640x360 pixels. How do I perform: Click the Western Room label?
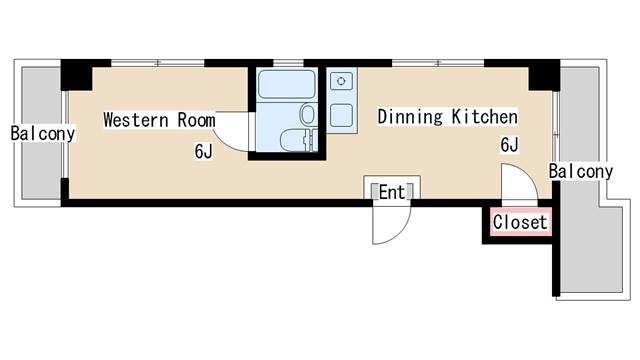click(159, 120)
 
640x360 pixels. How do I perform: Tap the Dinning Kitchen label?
click(447, 117)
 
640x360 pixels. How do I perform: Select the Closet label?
click(520, 222)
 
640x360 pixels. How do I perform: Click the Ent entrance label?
click(392, 192)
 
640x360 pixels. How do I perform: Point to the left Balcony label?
click(43, 133)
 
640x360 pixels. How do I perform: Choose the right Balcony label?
click(581, 171)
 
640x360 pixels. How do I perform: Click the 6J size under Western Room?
click(203, 152)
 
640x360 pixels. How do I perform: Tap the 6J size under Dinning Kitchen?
click(509, 145)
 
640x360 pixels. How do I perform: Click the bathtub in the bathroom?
click(287, 84)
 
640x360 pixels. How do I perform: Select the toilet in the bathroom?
click(295, 140)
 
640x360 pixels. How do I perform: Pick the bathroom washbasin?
click(308, 114)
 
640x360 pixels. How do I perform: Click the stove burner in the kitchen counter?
click(341, 81)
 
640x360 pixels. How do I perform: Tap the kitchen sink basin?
click(341, 116)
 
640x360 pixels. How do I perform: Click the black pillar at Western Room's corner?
click(76, 75)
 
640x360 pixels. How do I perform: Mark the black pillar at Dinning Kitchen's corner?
click(544, 75)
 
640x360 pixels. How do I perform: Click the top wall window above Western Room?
click(158, 63)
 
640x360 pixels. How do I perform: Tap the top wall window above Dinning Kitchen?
click(438, 63)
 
